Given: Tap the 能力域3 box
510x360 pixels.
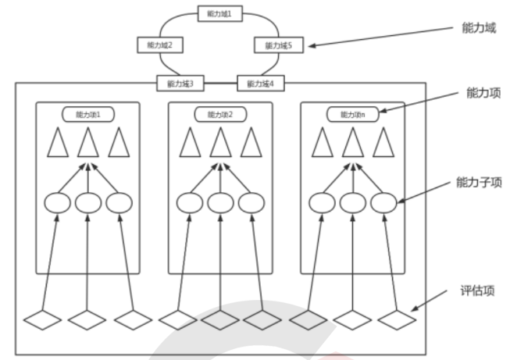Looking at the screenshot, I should click(x=181, y=83).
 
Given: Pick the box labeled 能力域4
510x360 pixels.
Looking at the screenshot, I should click(x=259, y=83).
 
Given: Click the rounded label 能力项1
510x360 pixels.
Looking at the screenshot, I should click(x=88, y=114).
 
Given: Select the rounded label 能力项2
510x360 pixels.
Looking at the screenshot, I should click(x=220, y=114).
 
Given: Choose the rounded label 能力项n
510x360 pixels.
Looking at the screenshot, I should click(x=352, y=114).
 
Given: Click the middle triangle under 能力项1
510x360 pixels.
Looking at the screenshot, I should click(x=88, y=143).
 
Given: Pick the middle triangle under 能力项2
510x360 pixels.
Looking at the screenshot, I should click(x=220, y=143).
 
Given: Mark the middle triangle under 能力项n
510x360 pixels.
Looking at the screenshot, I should click(x=352, y=143).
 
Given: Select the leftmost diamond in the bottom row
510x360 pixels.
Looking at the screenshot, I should click(x=44, y=319).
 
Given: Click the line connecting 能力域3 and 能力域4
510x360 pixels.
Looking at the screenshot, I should click(x=220, y=83).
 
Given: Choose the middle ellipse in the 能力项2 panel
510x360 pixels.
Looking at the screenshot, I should click(x=220, y=203).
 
